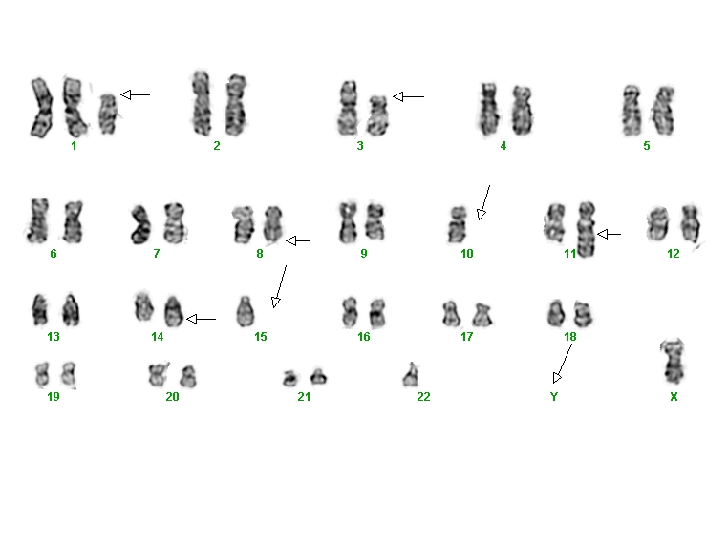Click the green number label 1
coord(74,146)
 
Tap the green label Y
coord(554,396)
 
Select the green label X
coord(674,396)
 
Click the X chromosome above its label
coord(673,362)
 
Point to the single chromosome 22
coord(410,376)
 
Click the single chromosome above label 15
coord(246,312)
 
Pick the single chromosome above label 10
coord(458,224)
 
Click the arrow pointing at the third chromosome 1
coord(135,94)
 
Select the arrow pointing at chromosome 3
coord(408,96)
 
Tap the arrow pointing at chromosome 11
coord(609,234)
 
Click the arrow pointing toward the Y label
coord(563,363)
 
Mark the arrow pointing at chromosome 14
coord(201,319)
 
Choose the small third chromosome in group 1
coord(108,115)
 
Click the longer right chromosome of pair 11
coord(587,229)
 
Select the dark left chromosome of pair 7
coord(140,225)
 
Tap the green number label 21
coord(304,396)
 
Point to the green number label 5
coord(646,146)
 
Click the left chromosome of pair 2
coord(202,103)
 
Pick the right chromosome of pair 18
coord(583,313)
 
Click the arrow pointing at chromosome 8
coord(298,240)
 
